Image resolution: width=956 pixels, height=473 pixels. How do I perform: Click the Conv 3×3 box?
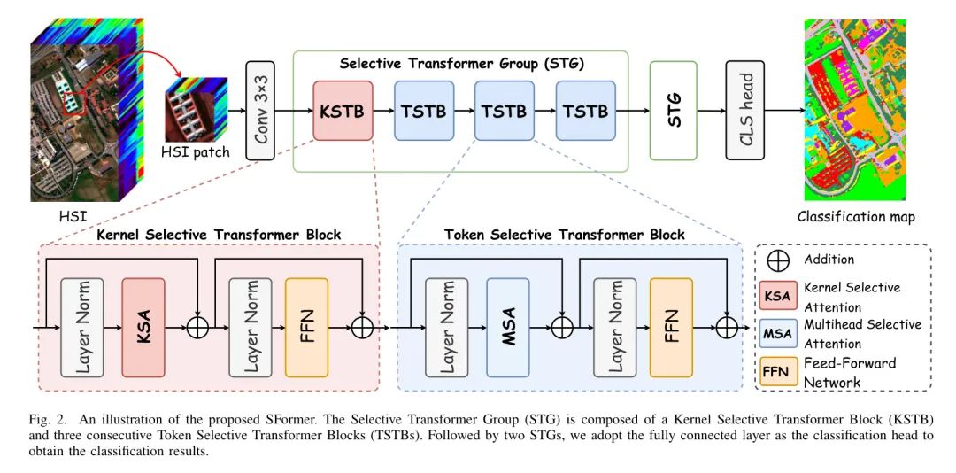tap(259, 111)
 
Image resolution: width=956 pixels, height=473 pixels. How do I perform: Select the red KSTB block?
tap(343, 111)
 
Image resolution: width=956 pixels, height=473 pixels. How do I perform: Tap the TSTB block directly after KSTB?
tap(424, 111)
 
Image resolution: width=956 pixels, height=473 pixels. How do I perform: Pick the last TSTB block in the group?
tap(585, 111)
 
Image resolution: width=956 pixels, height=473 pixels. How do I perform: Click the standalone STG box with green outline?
tap(673, 111)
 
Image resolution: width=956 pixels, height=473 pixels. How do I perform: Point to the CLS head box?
tap(744, 111)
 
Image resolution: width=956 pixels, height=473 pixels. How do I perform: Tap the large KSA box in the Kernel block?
tap(143, 327)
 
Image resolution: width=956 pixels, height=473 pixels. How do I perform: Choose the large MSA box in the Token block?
tap(508, 327)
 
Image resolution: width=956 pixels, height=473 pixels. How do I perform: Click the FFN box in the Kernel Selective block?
tap(306, 327)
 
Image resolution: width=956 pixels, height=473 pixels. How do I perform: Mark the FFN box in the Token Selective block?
tap(670, 327)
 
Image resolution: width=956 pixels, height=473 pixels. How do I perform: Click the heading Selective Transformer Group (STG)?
tap(461, 64)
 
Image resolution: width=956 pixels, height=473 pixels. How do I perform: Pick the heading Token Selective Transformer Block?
tap(564, 235)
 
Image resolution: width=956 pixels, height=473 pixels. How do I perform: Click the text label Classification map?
tap(856, 217)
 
